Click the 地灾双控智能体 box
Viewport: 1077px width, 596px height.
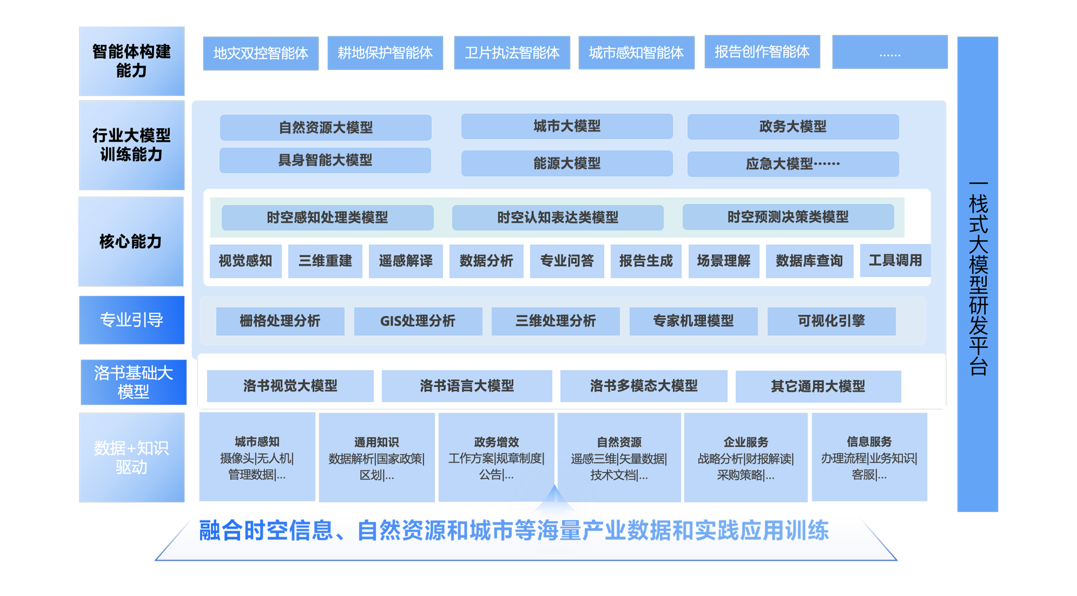click(261, 53)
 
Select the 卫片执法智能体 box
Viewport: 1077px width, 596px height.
click(512, 53)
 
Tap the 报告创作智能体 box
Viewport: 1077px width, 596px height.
click(762, 51)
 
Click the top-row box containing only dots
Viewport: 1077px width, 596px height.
click(890, 52)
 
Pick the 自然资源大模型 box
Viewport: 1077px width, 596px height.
click(325, 127)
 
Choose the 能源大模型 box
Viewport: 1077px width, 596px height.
click(566, 163)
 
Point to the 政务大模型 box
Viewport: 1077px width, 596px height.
click(793, 126)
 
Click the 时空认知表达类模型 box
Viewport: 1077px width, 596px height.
click(557, 217)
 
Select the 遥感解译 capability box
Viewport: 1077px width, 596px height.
click(406, 261)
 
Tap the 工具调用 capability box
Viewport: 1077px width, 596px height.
click(895, 260)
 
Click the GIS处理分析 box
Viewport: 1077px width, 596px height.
click(418, 321)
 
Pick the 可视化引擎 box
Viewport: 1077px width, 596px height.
click(831, 321)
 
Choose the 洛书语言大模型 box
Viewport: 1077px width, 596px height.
click(466, 386)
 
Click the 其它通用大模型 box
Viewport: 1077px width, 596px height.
click(818, 386)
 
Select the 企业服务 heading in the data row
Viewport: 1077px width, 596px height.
click(746, 442)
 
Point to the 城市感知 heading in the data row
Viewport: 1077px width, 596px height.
click(257, 441)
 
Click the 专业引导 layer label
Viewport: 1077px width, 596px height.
click(131, 320)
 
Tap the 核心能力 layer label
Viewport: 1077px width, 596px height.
click(130, 241)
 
